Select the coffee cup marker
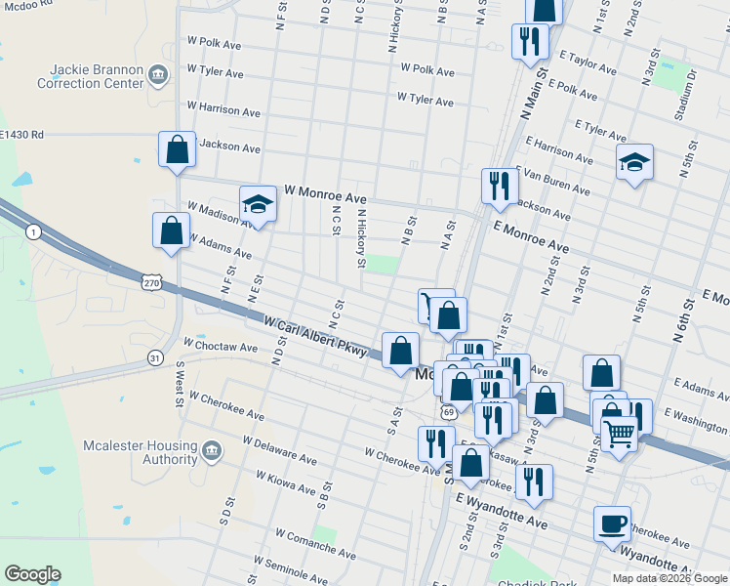612,524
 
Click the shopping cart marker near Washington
619,433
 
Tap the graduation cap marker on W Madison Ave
258,204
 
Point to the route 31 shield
155,358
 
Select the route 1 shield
34,231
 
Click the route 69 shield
448,411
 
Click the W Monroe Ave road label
325,195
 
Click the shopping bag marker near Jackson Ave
177,151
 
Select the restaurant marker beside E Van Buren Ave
500,186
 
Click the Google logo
32,574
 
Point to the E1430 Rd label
21,135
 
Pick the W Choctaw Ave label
221,347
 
